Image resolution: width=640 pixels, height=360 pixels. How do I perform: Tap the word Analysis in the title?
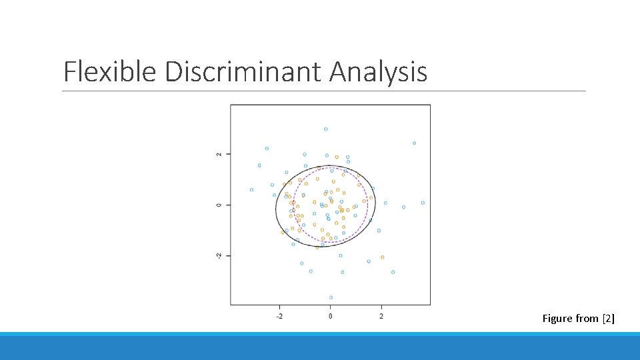[378, 71]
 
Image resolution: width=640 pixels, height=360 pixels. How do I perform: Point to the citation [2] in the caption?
[608, 319]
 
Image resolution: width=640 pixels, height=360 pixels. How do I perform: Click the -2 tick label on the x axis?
[279, 315]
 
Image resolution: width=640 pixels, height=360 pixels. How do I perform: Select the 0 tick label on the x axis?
[331, 315]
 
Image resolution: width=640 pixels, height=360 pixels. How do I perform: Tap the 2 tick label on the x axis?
[381, 315]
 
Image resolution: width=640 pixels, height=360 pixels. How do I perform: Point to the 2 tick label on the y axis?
[220, 154]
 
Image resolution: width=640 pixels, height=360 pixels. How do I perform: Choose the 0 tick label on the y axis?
[220, 205]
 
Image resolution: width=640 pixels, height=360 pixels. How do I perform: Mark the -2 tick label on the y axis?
[220, 256]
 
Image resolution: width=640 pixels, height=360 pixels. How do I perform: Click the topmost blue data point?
[325, 129]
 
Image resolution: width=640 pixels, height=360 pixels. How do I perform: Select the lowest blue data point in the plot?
[331, 297]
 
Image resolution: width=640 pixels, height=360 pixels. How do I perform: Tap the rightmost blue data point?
[423, 203]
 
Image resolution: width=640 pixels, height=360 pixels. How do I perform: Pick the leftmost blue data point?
[251, 190]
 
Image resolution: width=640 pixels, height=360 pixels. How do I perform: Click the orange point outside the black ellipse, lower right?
[382, 257]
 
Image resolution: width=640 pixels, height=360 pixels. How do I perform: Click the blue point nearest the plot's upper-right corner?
[414, 143]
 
